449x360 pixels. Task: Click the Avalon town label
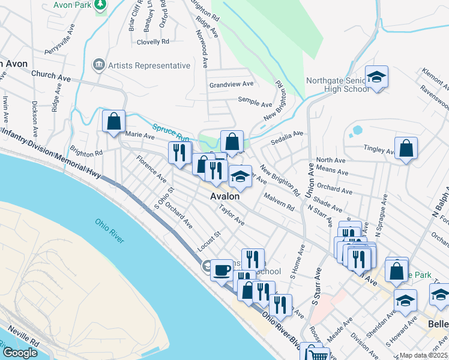[x=225, y=196]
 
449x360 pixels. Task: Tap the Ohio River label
[x=109, y=231]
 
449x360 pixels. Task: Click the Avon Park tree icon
[x=100, y=5]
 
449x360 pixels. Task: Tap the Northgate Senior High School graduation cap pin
[x=376, y=77]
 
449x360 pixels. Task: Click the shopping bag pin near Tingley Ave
[x=406, y=148]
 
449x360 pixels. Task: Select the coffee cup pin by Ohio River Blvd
[x=221, y=269]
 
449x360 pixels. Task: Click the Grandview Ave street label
[x=231, y=85]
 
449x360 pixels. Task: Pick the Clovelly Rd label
[x=153, y=42]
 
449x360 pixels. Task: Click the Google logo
[x=20, y=353]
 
